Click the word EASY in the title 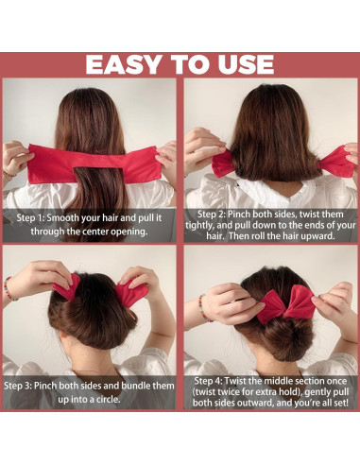click(x=124, y=64)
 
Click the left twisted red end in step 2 click(x=223, y=164)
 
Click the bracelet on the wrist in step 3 click(x=10, y=289)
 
